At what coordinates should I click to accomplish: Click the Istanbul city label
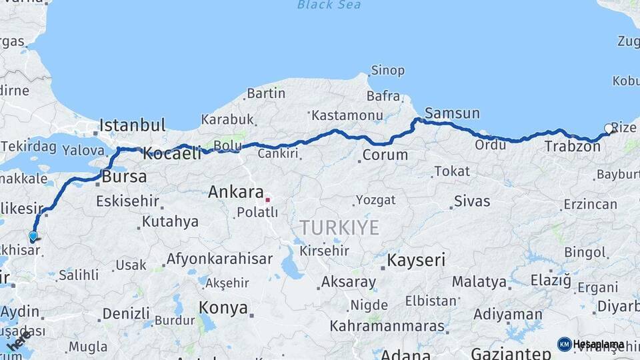(x=133, y=125)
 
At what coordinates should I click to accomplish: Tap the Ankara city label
(x=236, y=192)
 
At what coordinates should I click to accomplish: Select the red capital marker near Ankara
(x=267, y=199)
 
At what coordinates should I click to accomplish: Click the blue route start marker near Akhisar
(x=33, y=235)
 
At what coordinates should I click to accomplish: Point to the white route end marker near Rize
(x=608, y=128)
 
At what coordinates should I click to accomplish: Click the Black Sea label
(x=329, y=5)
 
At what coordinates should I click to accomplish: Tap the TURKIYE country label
(x=339, y=228)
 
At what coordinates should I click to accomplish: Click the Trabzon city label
(x=572, y=146)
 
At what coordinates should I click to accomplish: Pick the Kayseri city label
(x=417, y=260)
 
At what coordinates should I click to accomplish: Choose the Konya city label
(x=223, y=309)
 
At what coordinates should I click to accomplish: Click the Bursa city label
(x=124, y=177)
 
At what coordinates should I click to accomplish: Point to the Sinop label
(x=387, y=70)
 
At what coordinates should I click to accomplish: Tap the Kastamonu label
(x=347, y=115)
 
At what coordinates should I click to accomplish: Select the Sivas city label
(x=472, y=201)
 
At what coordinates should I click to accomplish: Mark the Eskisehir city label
(x=127, y=201)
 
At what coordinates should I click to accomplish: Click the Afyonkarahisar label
(x=219, y=259)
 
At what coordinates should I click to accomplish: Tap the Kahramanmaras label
(x=387, y=326)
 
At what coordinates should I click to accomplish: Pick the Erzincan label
(x=590, y=204)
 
